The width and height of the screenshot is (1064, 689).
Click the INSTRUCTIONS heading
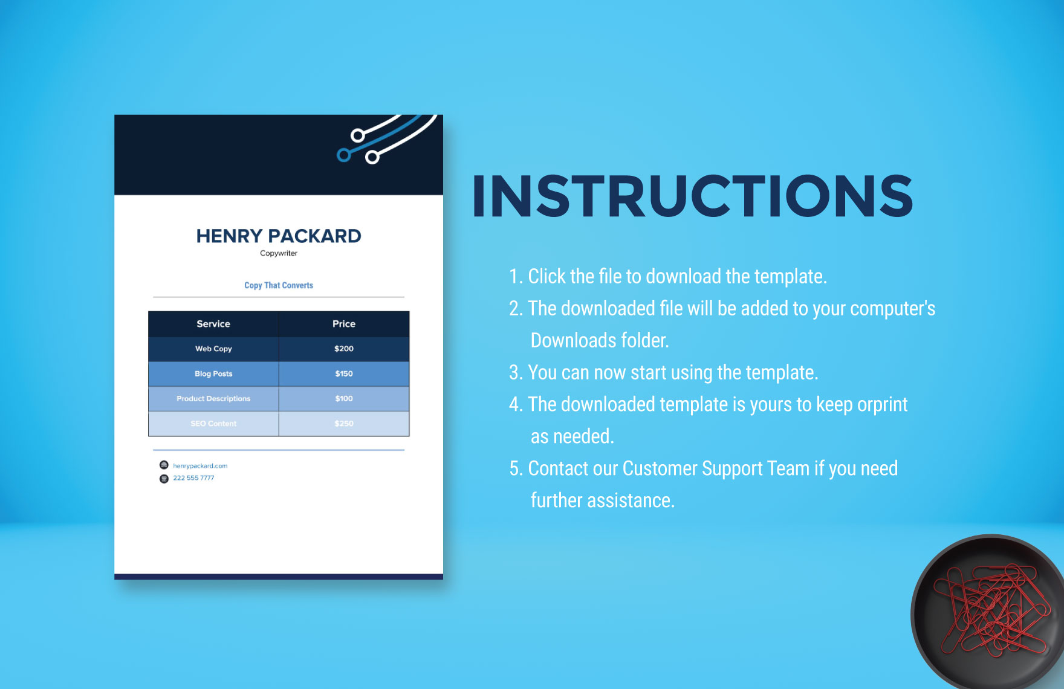[692, 196]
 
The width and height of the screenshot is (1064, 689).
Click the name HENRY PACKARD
[279, 236]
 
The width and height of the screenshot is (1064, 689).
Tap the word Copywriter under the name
[279, 253]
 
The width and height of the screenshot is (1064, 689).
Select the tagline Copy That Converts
[279, 285]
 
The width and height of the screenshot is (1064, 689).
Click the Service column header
[213, 324]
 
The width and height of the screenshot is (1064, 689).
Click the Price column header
[344, 324]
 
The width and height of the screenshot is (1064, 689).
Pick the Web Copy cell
[213, 349]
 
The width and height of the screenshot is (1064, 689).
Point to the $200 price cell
[344, 349]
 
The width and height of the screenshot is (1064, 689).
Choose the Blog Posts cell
[213, 374]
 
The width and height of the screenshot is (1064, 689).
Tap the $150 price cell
[344, 374]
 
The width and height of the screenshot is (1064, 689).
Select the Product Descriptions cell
[213, 399]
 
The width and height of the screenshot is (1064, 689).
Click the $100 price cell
[344, 399]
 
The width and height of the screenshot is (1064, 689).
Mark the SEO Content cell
[213, 424]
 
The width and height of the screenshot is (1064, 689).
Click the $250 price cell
[344, 424]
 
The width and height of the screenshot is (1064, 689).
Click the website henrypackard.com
[200, 466]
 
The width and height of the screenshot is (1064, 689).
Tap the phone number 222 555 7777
[193, 478]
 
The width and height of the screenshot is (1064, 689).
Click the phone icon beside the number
[164, 479]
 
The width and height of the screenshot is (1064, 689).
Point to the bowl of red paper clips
[988, 612]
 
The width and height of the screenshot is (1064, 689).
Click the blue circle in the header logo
[343, 155]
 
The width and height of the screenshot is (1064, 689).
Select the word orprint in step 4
[883, 404]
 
